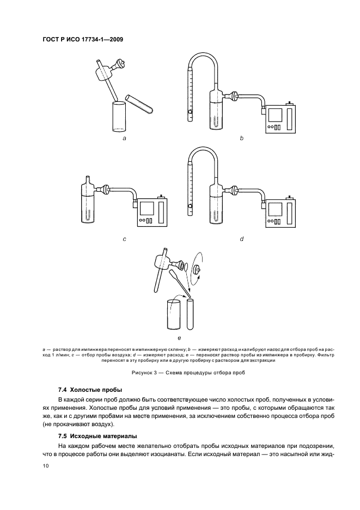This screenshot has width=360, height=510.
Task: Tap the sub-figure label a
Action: pos(125,139)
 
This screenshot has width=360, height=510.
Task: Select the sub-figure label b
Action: pos(241,139)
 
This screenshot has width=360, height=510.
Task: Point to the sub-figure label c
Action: pos(125,239)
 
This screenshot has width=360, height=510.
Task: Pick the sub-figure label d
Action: pos(241,239)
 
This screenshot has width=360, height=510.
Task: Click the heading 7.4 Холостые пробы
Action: pos(90,390)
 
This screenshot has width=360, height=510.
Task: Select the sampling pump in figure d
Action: pos(280,211)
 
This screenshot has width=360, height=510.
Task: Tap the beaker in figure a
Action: pos(119,116)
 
